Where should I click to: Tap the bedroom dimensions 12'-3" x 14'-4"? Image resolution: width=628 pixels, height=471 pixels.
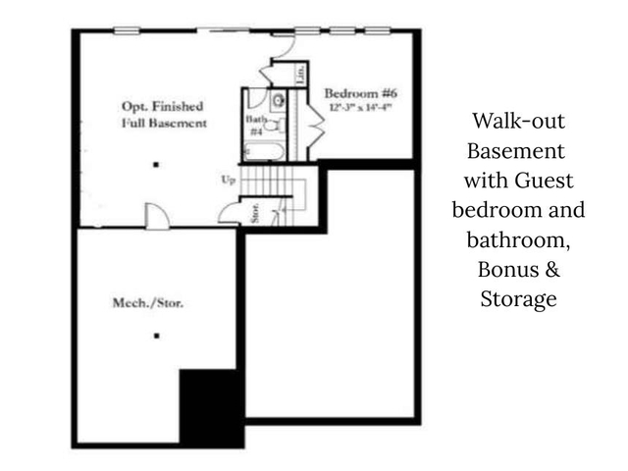pos(359,108)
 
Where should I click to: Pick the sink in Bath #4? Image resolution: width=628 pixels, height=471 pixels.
pos(278,99)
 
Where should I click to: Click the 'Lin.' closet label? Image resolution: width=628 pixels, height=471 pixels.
pos(300,74)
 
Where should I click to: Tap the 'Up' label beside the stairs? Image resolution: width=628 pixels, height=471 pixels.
pos(229,181)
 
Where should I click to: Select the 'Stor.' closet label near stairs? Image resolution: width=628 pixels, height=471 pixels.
pos(254,213)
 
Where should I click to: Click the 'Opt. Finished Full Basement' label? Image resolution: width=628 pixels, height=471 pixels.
pos(163,115)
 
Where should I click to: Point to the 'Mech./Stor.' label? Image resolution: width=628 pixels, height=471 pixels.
pos(149,303)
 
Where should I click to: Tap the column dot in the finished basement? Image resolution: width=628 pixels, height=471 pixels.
pos(155,166)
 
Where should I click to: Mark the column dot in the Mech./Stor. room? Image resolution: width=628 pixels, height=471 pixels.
pos(156,336)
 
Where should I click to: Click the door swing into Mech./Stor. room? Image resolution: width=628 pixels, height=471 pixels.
pos(157,216)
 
